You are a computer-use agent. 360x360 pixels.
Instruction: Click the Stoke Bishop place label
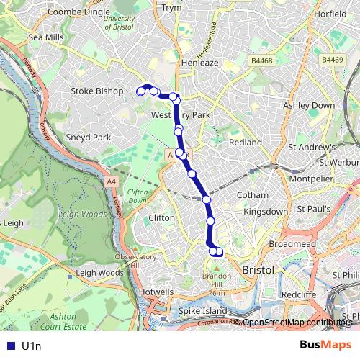(x=97, y=91)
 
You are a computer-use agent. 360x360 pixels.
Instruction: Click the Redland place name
(x=245, y=143)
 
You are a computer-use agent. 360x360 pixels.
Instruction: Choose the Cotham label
(x=253, y=195)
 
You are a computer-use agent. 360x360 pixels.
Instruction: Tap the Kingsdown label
(x=265, y=213)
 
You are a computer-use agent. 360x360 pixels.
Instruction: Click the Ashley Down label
(x=309, y=105)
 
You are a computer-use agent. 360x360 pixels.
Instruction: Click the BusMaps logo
(x=321, y=346)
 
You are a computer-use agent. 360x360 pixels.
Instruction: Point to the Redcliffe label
(x=299, y=294)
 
